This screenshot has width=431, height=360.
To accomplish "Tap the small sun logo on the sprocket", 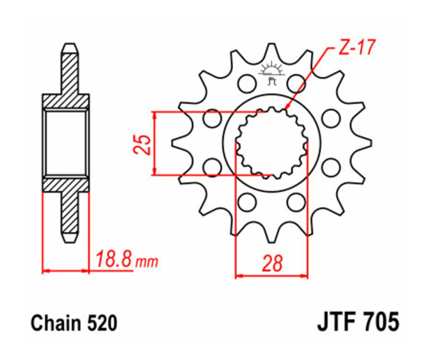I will [x=272, y=72].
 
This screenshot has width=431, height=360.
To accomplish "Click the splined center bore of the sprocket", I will [x=272, y=143].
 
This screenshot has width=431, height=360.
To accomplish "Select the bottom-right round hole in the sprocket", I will [x=296, y=202].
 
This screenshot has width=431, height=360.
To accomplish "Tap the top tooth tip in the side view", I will [x=69, y=48].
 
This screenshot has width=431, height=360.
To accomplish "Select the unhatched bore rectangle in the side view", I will [x=66, y=143].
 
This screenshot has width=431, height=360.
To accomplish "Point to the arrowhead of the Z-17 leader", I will [x=286, y=109].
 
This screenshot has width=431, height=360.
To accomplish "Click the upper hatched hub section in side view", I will [x=66, y=101].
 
